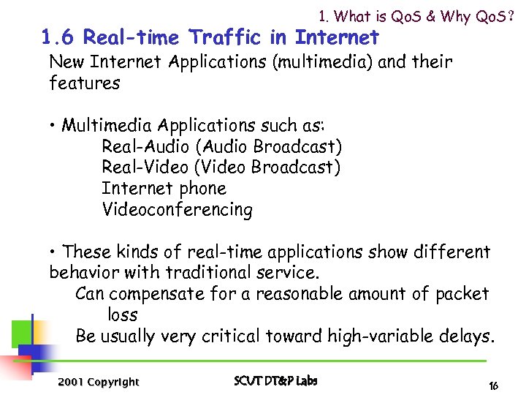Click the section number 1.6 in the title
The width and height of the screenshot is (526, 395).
pos(57,37)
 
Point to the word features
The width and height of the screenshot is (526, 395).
pos(84,83)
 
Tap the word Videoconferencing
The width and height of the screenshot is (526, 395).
pos(178,210)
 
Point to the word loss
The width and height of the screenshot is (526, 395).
pos(123,315)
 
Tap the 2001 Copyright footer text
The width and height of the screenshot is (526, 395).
pos(97,382)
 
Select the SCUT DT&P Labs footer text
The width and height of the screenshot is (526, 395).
pos(275,381)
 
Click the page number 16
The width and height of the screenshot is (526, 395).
pos(494,385)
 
